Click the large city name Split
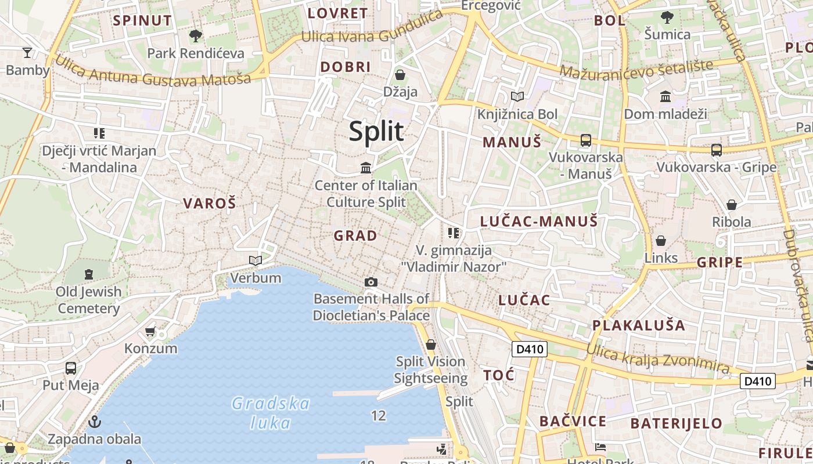pos(376,132)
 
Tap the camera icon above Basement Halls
pos(371,282)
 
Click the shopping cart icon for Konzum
pos(150,331)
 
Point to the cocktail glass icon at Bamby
pos(27,53)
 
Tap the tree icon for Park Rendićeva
pos(196,36)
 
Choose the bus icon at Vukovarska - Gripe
pos(716,150)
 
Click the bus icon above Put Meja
pos(71,368)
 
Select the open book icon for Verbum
pos(256,260)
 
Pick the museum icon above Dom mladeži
pos(665,96)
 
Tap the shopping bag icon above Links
pos(661,241)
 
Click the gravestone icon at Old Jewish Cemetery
pos(88,274)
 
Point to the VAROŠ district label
pos(210,204)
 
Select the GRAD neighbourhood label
pos(355,235)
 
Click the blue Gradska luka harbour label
pos(270,412)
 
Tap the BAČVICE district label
pos(573,421)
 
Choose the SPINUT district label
pos(142,21)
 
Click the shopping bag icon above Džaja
pos(400,75)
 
